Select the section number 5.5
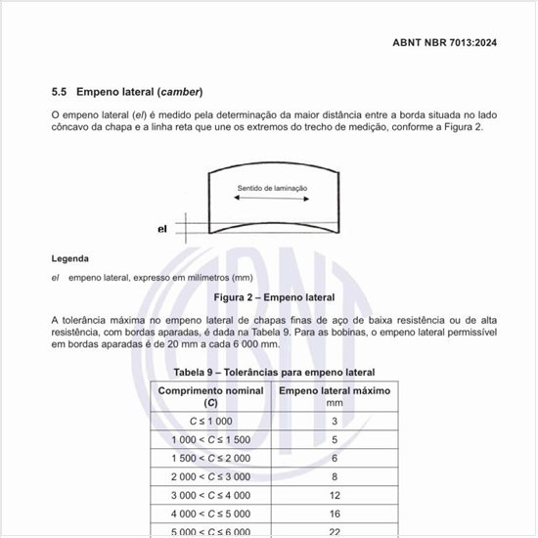59,92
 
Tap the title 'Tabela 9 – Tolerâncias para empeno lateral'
274,373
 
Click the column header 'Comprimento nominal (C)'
211,396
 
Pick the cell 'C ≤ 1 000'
210,422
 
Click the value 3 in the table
335,422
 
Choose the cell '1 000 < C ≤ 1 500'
210,440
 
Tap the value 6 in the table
335,458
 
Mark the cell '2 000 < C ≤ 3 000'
210,476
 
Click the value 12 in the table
335,495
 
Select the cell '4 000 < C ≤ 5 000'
210,514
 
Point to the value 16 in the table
335,514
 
